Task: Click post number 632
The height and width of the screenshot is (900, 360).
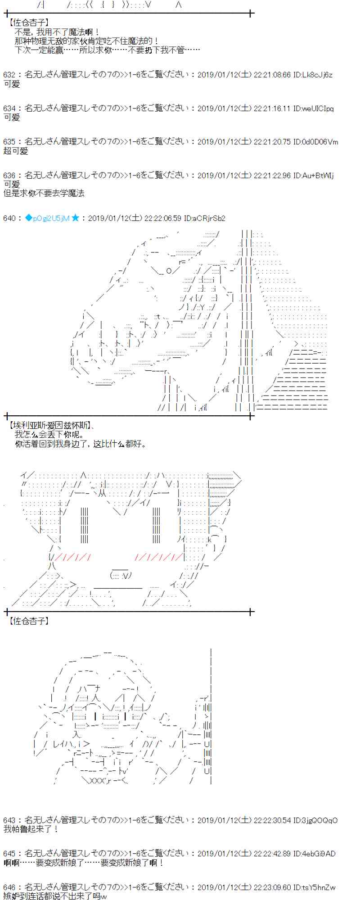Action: coord(9,75)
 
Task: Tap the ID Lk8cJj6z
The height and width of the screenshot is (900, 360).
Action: coord(312,75)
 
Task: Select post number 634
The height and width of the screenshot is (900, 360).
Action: coord(9,108)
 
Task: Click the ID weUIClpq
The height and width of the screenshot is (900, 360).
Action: coord(313,108)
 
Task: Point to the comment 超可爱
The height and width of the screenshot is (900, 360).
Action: coord(16,151)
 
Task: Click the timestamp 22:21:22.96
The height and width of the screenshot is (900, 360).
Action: coord(272,175)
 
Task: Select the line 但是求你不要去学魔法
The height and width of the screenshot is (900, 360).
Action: coord(44,193)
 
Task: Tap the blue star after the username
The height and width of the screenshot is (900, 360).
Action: coord(75,218)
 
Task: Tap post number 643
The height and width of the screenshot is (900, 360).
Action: coord(9,820)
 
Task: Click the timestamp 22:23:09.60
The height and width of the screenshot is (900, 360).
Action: coord(272,887)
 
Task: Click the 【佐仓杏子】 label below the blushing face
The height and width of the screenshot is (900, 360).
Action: coord(29,621)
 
